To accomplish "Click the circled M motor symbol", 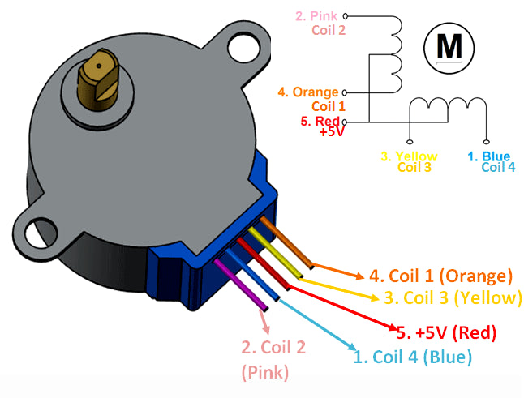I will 448,47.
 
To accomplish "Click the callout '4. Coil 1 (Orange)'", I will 440,276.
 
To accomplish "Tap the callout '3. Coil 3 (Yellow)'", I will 452,297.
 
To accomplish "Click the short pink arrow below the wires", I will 265,322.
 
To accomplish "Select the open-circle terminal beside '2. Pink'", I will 346,15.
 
